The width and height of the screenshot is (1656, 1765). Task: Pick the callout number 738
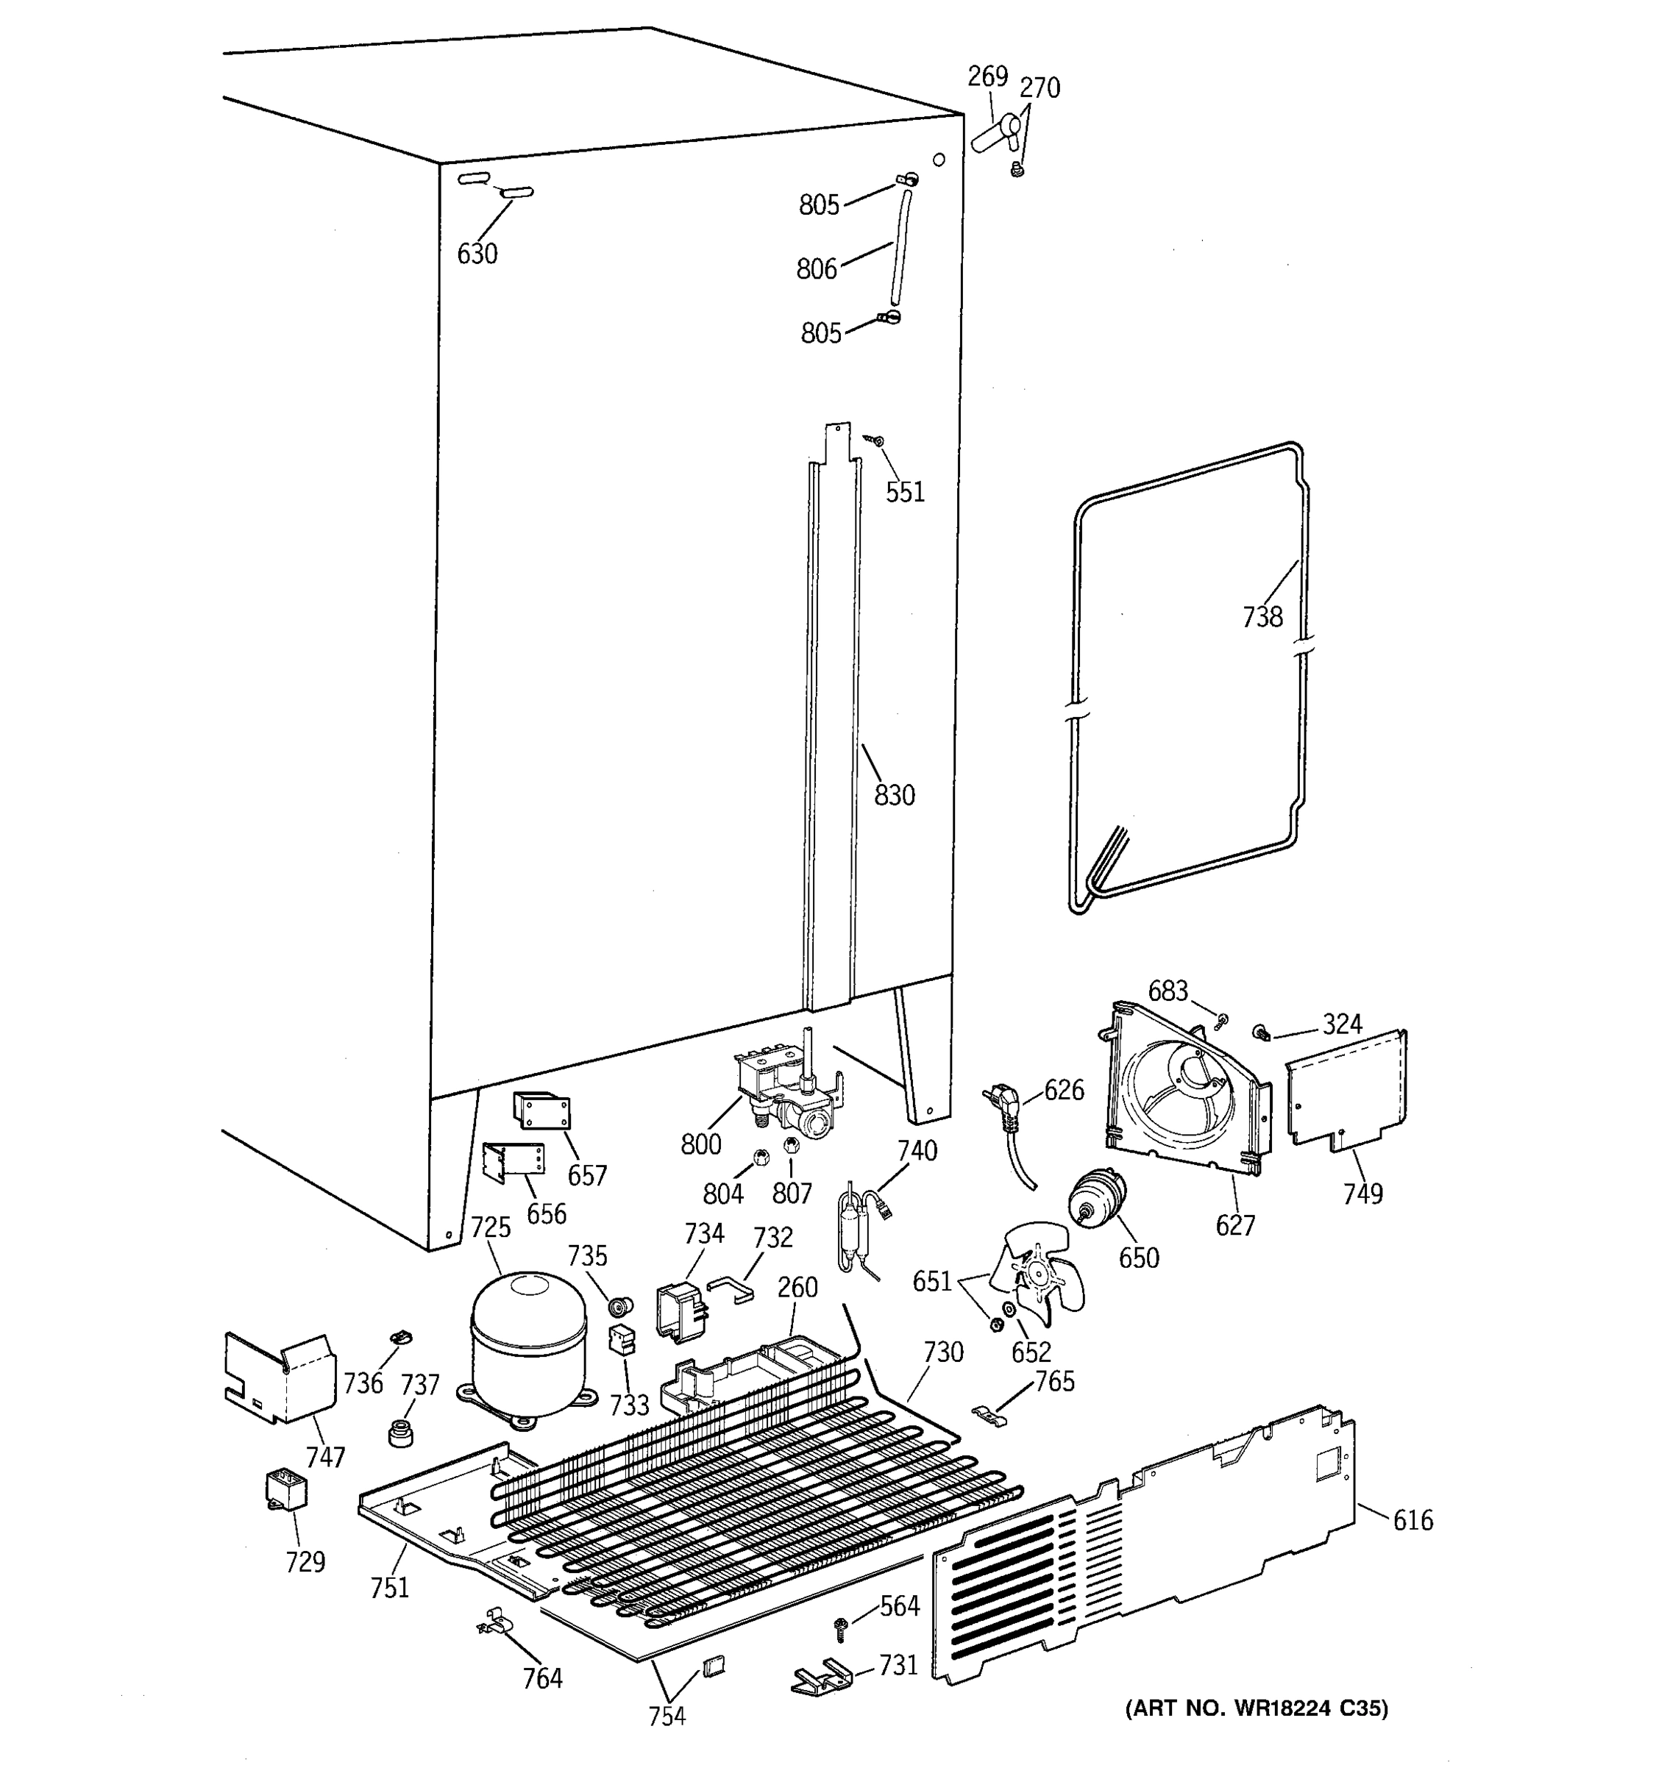coord(1262,616)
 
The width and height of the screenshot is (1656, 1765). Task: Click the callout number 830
coord(894,794)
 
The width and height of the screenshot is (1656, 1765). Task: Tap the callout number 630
coord(477,254)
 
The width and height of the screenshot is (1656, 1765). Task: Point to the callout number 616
coord(1412,1520)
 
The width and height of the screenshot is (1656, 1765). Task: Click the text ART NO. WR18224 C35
coord(1257,1708)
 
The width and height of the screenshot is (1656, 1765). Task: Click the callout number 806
coord(816,268)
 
